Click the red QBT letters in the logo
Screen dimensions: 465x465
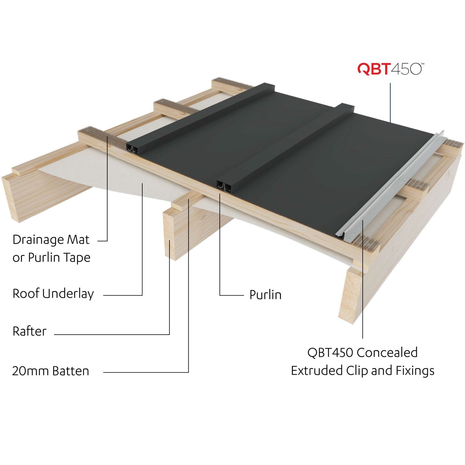coord(374,69)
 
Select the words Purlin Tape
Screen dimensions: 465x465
coord(59,258)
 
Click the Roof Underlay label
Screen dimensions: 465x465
coord(53,294)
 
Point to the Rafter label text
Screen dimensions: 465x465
coord(29,331)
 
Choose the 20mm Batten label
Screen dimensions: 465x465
coord(50,371)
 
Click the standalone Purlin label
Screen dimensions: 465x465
coord(265,295)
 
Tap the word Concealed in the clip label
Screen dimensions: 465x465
coord(387,353)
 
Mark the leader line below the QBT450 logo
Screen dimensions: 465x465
coord(391,103)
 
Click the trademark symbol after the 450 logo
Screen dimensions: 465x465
coord(423,64)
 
